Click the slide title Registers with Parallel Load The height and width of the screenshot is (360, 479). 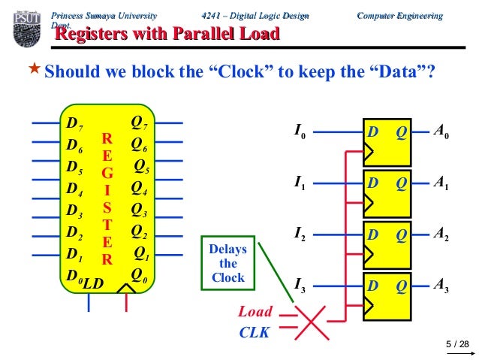[168, 34]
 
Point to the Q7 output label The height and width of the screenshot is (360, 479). [140, 123]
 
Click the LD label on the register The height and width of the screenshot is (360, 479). [93, 283]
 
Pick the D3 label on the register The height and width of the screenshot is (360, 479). [74, 210]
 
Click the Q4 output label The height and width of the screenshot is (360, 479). [140, 187]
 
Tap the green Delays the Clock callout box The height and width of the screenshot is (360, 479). [227, 264]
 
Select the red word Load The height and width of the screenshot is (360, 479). [255, 311]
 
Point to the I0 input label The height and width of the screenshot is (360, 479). [300, 133]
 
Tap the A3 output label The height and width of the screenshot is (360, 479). [441, 285]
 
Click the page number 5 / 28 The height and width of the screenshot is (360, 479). [456, 345]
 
